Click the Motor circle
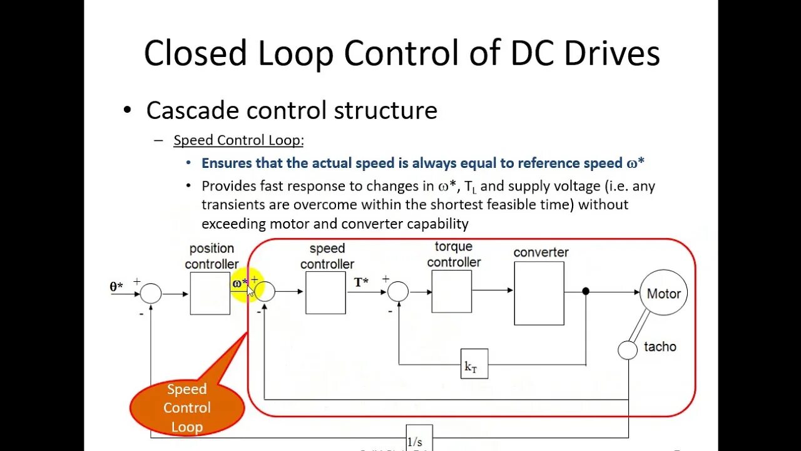click(x=663, y=293)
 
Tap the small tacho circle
click(x=628, y=350)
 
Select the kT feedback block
click(x=474, y=364)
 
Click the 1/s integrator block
click(x=419, y=438)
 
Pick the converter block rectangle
click(x=539, y=293)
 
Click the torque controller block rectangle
click(x=451, y=291)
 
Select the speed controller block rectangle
click(x=325, y=293)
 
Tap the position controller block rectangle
click(x=210, y=293)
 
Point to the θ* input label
click(x=116, y=287)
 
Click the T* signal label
click(x=361, y=283)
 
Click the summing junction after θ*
click(x=151, y=293)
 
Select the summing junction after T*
click(x=398, y=291)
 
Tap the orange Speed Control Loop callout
click(x=186, y=408)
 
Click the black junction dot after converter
click(x=586, y=291)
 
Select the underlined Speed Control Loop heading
click(x=238, y=140)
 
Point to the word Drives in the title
click(x=611, y=53)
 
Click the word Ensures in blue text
click(x=228, y=163)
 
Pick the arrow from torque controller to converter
click(x=492, y=291)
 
